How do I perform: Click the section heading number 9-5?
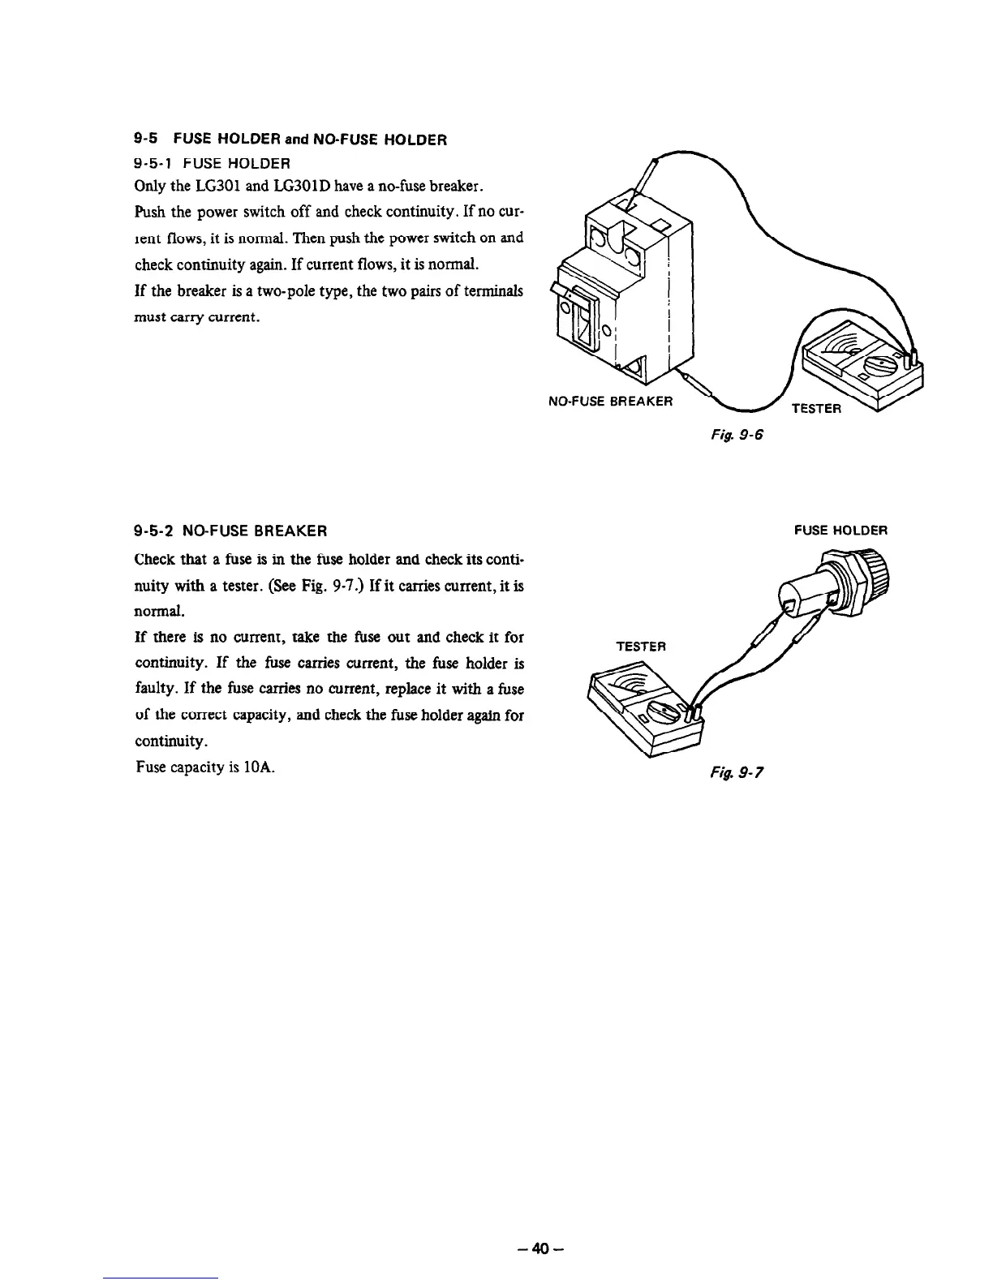[x=144, y=139]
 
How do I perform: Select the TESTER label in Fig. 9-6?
[x=817, y=407]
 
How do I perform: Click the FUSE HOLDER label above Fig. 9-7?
[x=840, y=531]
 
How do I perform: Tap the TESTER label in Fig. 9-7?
[x=641, y=647]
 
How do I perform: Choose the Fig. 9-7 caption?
[x=742, y=773]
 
